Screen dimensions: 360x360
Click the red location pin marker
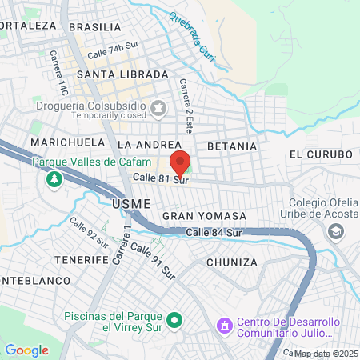click(x=180, y=160)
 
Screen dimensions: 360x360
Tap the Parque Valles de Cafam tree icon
click(x=54, y=179)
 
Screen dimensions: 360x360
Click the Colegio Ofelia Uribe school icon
click(x=336, y=231)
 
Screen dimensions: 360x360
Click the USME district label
click(x=131, y=204)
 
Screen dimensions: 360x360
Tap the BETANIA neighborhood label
click(x=232, y=146)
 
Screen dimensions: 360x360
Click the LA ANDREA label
click(x=146, y=145)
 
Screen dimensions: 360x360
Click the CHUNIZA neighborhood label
click(x=231, y=262)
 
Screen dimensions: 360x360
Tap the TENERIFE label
click(x=81, y=260)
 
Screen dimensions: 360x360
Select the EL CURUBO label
click(x=321, y=154)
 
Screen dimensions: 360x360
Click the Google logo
click(x=26, y=350)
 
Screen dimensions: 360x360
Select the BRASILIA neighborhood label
click(x=94, y=26)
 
